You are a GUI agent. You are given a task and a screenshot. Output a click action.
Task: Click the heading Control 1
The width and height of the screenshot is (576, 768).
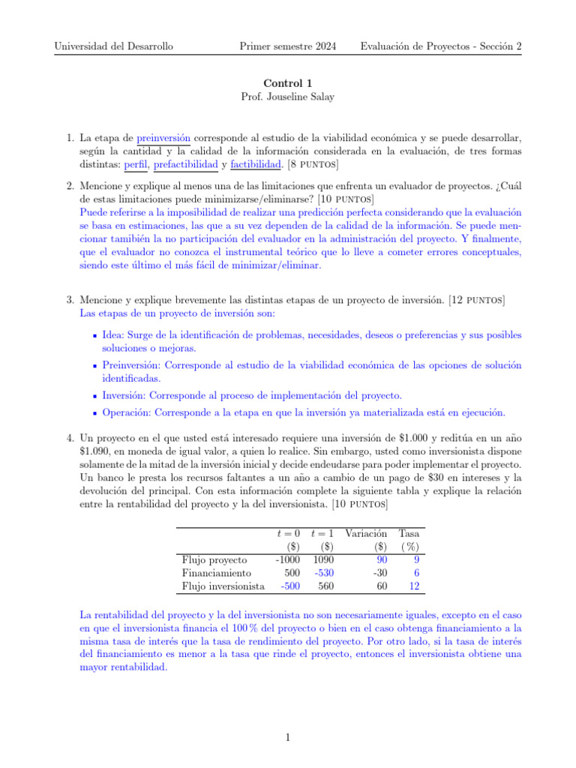click(287, 84)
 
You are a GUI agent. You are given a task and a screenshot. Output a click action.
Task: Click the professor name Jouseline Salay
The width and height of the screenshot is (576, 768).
click(288, 97)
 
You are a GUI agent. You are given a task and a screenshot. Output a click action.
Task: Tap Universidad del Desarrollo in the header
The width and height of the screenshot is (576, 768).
click(114, 46)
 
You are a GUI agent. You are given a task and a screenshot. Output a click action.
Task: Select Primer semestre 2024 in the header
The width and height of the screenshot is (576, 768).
click(289, 46)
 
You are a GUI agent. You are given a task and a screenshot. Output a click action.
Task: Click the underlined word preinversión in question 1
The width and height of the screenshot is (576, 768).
click(163, 138)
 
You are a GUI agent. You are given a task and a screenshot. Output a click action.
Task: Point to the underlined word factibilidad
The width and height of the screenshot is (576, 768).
click(256, 163)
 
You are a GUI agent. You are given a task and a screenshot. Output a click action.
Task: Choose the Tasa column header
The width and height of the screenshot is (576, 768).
click(409, 532)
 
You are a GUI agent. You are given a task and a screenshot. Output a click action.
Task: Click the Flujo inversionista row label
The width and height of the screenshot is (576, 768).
click(223, 586)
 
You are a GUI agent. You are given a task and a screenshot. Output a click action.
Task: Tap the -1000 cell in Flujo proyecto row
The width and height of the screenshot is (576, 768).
click(288, 559)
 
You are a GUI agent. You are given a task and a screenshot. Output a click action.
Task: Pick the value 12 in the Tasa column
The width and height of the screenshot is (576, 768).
click(413, 586)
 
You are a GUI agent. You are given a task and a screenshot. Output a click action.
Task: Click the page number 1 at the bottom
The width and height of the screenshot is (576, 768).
click(288, 737)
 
